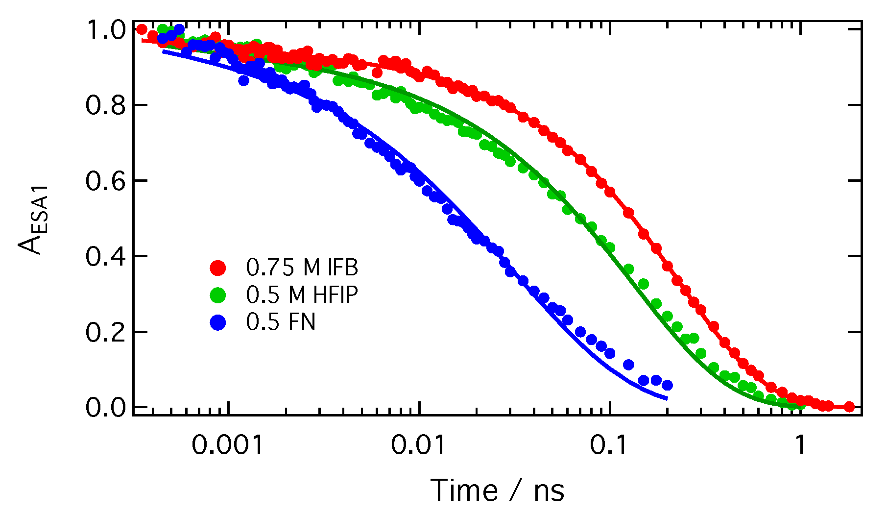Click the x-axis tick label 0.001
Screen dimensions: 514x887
227,445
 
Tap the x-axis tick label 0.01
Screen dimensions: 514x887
419,445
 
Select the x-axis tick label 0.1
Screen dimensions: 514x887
609,445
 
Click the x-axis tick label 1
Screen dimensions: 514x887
800,445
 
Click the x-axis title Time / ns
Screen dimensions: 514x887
497,490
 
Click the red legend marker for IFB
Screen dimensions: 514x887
218,268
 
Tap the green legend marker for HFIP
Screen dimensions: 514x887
218,295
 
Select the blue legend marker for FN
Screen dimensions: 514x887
218,322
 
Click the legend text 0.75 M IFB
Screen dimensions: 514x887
302,268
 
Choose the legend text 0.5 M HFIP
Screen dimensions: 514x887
302,295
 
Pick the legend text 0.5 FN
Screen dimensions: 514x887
281,322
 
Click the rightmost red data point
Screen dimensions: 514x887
850,407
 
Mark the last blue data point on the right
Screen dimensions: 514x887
667,385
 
